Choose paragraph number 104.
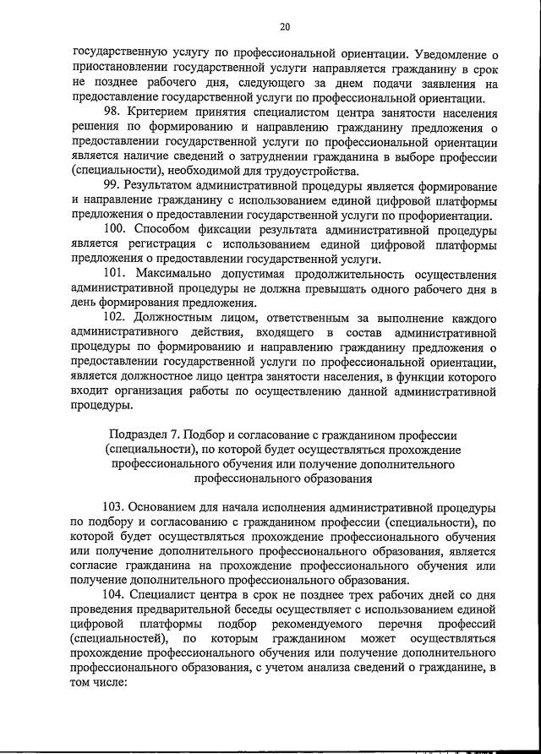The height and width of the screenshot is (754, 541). tap(115, 595)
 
